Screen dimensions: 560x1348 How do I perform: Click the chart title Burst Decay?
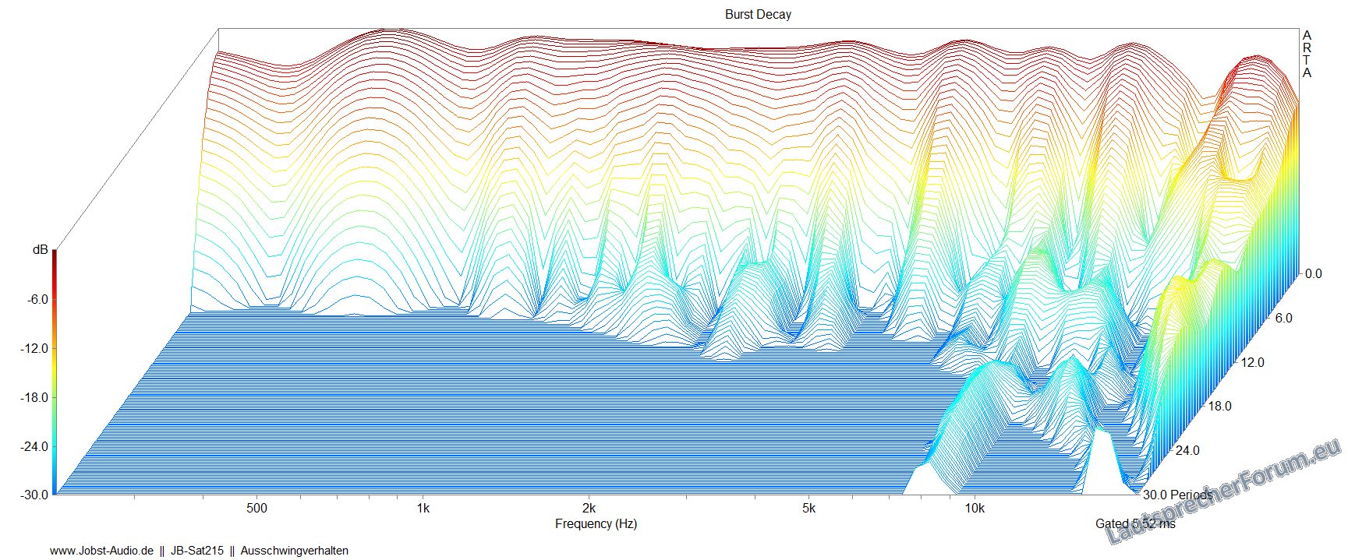(x=757, y=14)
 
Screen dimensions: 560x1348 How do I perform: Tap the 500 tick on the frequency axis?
(x=257, y=509)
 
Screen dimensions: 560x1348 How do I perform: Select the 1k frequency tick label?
(x=423, y=509)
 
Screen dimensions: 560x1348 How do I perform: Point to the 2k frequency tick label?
(x=589, y=509)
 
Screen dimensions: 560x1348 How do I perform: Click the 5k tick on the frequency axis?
(x=808, y=509)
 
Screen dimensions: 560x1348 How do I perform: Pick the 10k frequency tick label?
(x=975, y=509)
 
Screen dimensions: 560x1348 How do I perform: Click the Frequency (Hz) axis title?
(x=596, y=524)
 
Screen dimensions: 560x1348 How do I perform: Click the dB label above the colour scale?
(x=39, y=250)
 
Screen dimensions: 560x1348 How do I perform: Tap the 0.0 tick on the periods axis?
(x=1314, y=273)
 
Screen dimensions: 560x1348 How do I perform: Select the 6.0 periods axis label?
(x=1283, y=318)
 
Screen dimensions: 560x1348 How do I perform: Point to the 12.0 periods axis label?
(x=1253, y=362)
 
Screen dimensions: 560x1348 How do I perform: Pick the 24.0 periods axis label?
(x=1187, y=450)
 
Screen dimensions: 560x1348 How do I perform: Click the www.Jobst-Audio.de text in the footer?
(x=101, y=551)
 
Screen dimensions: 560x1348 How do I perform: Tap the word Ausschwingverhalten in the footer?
(x=294, y=551)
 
